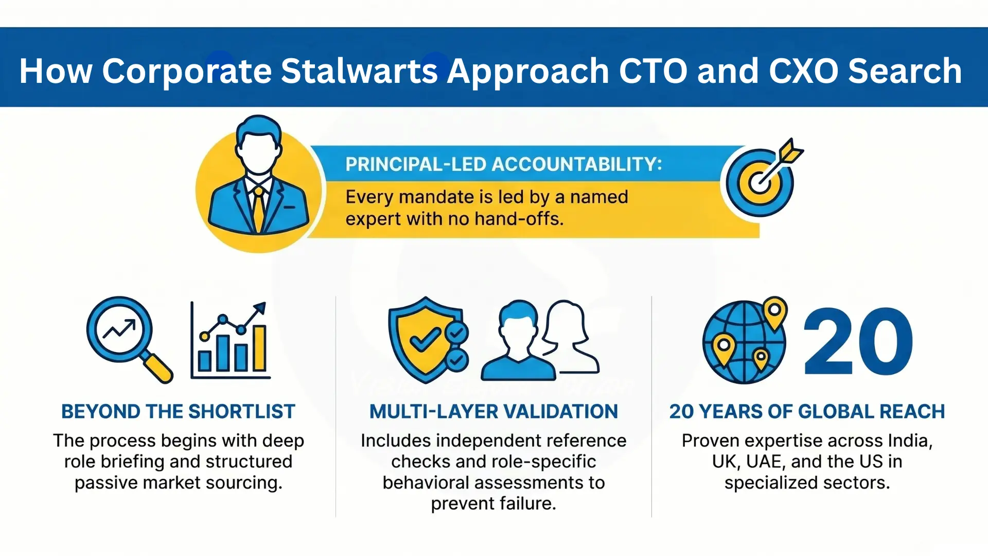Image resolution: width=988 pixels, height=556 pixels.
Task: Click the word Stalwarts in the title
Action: click(359, 71)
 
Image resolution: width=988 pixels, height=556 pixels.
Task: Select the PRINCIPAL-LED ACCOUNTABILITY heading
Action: click(503, 165)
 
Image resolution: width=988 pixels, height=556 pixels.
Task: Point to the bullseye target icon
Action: click(759, 182)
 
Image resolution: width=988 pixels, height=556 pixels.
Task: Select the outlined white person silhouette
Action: click(569, 337)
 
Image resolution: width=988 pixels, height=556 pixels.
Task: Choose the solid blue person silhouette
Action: click(517, 342)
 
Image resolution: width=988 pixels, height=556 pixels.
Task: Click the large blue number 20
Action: click(858, 342)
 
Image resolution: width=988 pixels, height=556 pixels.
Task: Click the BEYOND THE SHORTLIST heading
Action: click(178, 412)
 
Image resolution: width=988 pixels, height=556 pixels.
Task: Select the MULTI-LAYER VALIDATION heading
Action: click(493, 412)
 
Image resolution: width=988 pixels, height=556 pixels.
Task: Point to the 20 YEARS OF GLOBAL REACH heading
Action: click(807, 412)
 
